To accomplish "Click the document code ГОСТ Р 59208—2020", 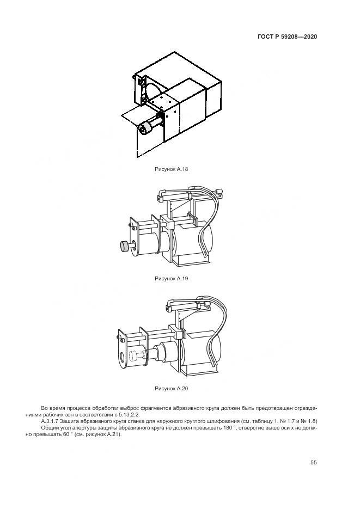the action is (287, 36).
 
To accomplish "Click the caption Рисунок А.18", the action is (172, 169).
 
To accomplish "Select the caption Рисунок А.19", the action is (172, 279).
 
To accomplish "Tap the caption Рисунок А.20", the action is (172, 389).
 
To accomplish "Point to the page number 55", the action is (313, 463).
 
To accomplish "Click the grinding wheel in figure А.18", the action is (144, 128).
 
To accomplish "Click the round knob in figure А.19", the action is (125, 246).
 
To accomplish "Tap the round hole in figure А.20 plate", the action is (123, 358).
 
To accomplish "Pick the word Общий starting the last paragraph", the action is (49, 428).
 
